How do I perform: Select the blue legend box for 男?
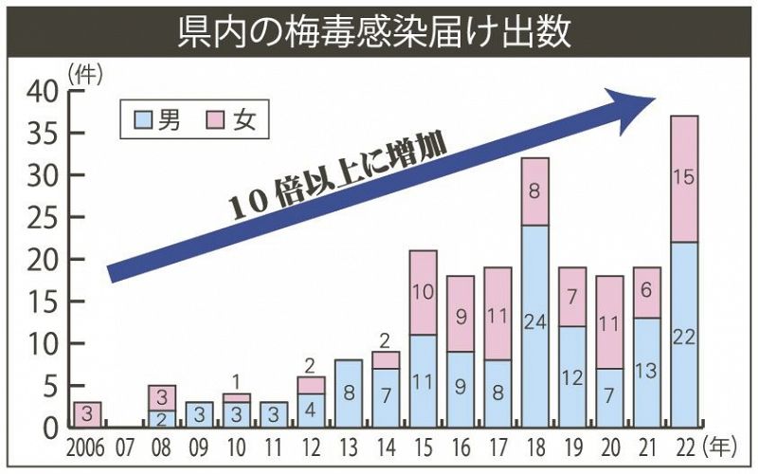(x=143, y=119)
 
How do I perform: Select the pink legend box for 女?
(x=216, y=119)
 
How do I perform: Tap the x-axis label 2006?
(x=86, y=447)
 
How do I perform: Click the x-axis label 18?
(x=534, y=447)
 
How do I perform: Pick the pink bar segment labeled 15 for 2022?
(x=684, y=178)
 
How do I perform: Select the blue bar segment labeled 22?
(x=684, y=335)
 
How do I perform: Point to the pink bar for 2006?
(x=87, y=414)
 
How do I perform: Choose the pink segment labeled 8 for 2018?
(x=534, y=191)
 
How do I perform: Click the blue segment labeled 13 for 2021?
(x=646, y=373)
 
